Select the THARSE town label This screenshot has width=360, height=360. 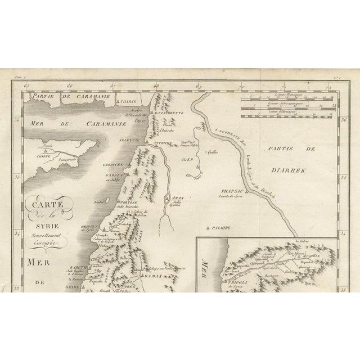tap(116, 102)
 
